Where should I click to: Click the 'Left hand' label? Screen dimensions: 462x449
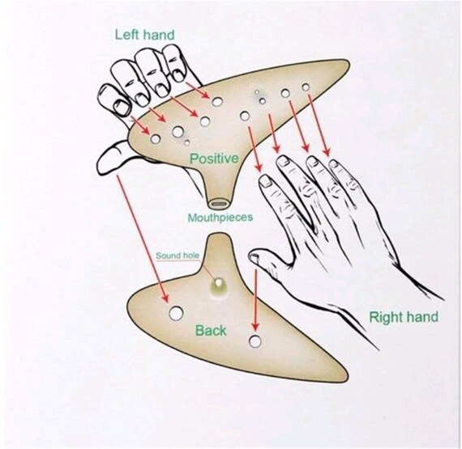click(x=144, y=35)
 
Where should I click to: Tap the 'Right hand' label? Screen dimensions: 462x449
click(x=404, y=317)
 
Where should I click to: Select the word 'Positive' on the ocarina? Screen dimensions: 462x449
click(x=214, y=159)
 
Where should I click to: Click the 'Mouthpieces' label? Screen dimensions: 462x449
click(x=220, y=218)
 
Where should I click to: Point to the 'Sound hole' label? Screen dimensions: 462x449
click(x=178, y=256)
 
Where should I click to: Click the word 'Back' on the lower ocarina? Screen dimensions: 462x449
click(x=211, y=331)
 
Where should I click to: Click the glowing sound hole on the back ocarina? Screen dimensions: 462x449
click(x=218, y=283)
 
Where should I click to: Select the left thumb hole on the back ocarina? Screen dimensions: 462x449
click(x=176, y=313)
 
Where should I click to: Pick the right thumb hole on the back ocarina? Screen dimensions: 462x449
click(x=255, y=341)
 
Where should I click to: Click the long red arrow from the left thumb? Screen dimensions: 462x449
click(x=143, y=239)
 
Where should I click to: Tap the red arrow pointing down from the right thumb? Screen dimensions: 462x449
click(x=255, y=300)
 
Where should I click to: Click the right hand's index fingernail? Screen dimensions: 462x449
click(x=266, y=180)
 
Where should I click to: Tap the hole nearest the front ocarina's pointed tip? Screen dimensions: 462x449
click(x=306, y=87)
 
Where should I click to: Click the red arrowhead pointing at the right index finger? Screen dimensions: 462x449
click(x=259, y=168)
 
